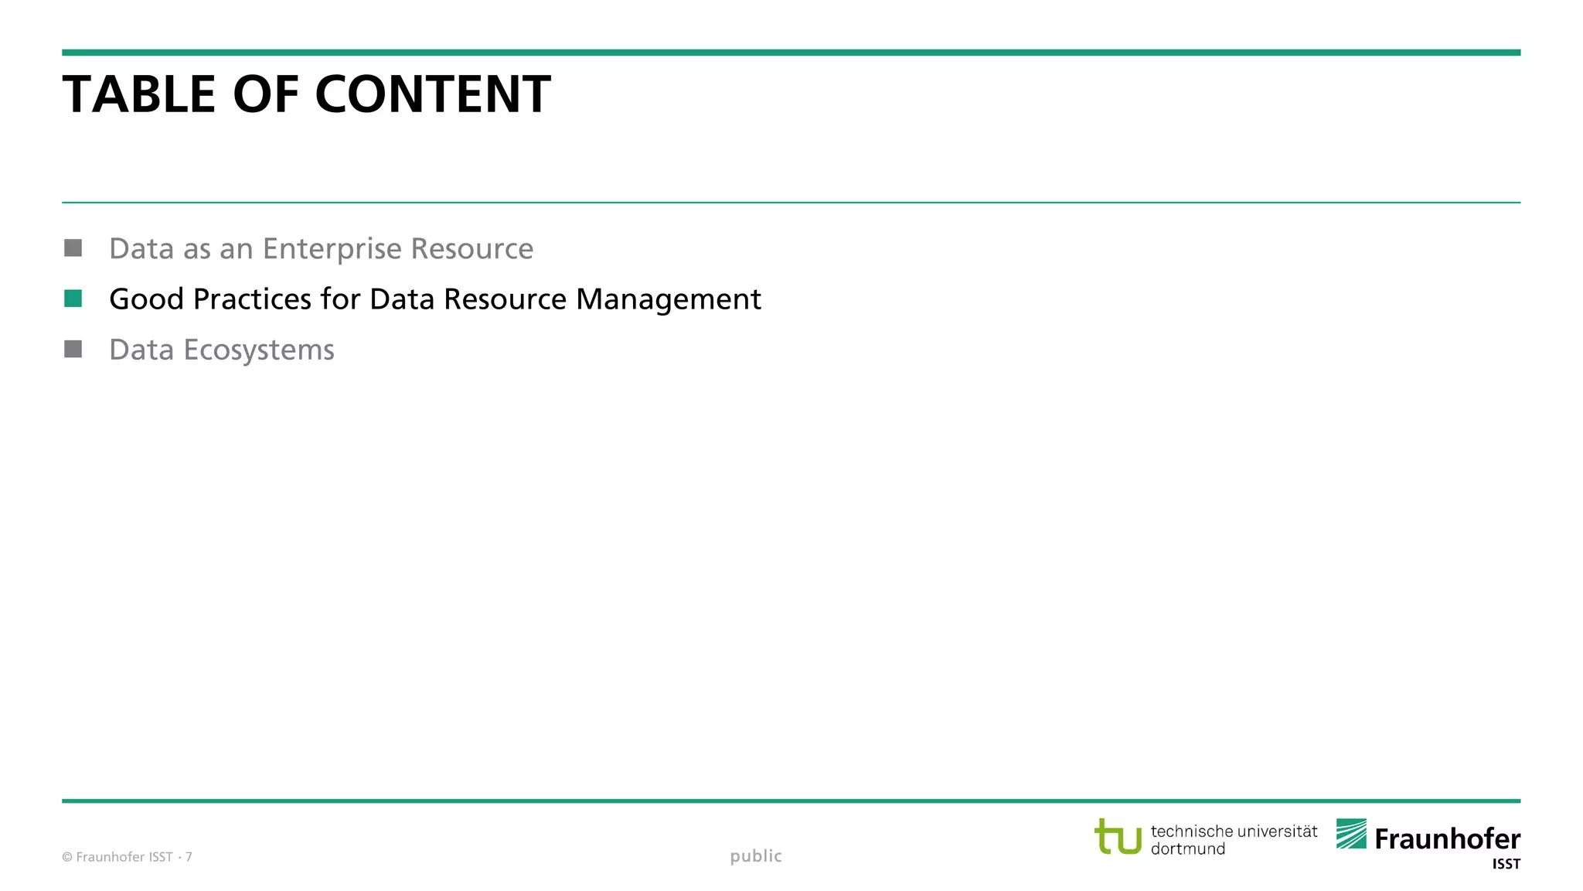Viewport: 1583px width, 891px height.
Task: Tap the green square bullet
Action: pos(73,299)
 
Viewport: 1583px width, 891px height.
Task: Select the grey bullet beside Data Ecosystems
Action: pos(73,349)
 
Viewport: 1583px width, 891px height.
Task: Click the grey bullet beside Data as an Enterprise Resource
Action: pos(73,247)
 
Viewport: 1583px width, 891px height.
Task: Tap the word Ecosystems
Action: pos(259,350)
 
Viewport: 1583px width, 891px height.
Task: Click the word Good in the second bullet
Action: pos(146,299)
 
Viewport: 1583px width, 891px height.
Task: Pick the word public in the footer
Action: pos(756,856)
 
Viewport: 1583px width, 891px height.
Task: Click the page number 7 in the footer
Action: pos(189,857)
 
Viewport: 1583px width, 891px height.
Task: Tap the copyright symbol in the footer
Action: pos(67,857)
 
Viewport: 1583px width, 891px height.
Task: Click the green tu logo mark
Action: pos(1118,837)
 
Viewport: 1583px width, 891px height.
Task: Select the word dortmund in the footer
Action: pos(1188,849)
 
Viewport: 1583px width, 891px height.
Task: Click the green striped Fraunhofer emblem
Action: pos(1351,834)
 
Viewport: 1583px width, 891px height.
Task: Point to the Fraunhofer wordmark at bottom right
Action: pos(1448,839)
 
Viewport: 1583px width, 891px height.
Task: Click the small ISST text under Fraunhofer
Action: pos(1506,865)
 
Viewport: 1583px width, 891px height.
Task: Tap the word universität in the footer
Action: pos(1278,831)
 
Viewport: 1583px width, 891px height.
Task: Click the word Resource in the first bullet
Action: pos(471,249)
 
